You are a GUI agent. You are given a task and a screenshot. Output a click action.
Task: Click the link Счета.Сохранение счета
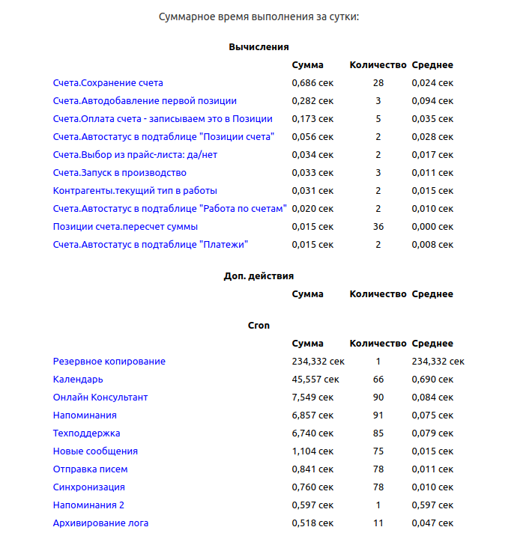point(108,83)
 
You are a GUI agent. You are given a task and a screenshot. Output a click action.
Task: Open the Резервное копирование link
point(109,362)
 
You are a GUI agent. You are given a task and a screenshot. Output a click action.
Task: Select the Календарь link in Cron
point(78,380)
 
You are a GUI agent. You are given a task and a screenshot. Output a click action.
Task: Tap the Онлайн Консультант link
point(100,398)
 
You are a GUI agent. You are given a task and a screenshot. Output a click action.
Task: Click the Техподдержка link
point(86,433)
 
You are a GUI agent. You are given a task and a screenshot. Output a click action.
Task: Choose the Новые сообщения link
point(95,451)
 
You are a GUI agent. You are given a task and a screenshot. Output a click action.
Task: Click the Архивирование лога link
point(106,523)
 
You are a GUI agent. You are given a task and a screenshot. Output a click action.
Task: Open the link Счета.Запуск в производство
point(120,173)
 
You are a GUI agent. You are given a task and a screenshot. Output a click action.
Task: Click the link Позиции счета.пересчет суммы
point(125,227)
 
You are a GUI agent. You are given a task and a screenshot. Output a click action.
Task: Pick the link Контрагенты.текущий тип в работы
point(135,191)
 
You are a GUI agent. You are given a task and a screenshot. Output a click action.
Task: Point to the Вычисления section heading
point(259,47)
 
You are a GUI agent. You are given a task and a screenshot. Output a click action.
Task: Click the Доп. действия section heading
point(259,276)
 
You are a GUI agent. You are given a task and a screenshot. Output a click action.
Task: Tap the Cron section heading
point(259,326)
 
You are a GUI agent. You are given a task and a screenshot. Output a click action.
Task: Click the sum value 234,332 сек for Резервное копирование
point(318,362)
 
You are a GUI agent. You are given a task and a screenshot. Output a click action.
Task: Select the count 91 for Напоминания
point(378,415)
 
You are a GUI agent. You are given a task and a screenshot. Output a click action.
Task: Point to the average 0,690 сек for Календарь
point(432,380)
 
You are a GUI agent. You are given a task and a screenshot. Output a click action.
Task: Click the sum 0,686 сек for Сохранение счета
point(312,83)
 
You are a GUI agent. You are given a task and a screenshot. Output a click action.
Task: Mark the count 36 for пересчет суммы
point(378,227)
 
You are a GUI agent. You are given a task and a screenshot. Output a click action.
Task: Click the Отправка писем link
point(90,469)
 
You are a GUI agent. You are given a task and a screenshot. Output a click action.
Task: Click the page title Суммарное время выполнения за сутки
point(259,16)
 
